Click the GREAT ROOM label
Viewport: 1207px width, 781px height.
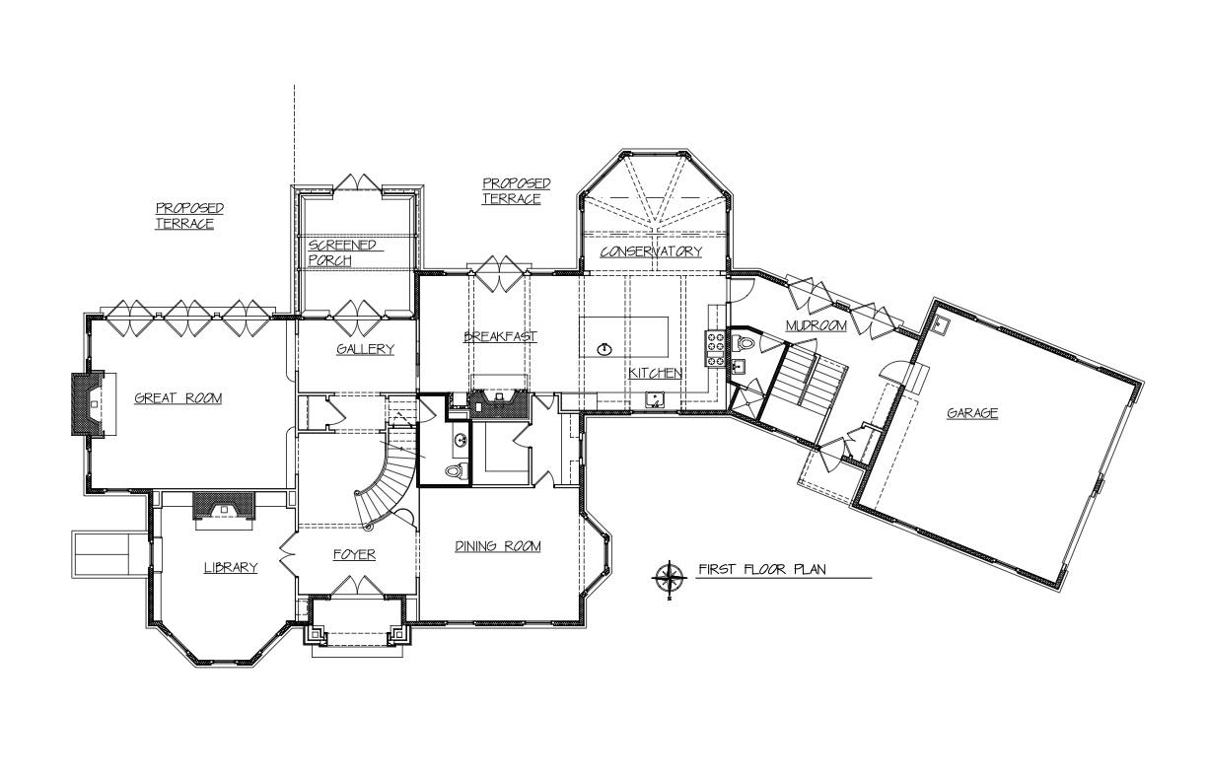[177, 398]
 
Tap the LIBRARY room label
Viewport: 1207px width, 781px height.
[231, 568]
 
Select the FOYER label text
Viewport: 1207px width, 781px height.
[354, 554]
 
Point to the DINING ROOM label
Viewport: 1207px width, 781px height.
[498, 546]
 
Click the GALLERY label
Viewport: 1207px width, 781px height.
[365, 349]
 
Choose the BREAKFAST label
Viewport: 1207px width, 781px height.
[501, 336]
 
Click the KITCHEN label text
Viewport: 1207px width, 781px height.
[655, 373]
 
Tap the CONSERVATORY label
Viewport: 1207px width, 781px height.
[652, 251]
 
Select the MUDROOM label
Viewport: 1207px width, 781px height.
[816, 325]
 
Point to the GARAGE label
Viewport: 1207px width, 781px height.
[972, 413]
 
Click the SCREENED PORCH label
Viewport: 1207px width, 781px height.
[342, 252]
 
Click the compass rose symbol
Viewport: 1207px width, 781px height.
[669, 578]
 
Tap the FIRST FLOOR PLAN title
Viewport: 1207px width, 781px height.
[762, 569]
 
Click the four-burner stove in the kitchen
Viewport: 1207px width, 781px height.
[716, 349]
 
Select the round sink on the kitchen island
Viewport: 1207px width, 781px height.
[605, 349]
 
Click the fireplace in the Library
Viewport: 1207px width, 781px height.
[224, 506]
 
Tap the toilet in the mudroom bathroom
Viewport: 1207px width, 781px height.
[745, 342]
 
